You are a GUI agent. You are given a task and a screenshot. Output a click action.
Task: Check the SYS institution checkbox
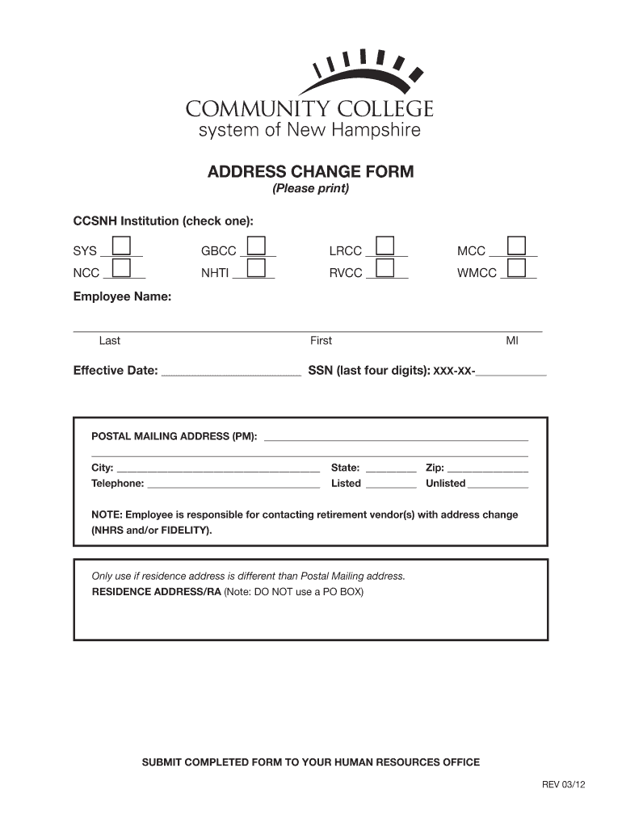(122, 246)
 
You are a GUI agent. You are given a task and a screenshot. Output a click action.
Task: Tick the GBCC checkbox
(257, 246)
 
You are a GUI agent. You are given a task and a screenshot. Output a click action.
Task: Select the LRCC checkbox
(385, 246)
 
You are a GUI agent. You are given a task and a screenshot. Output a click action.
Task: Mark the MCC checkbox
(515, 246)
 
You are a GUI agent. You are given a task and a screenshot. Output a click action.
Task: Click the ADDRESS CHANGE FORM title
(311, 172)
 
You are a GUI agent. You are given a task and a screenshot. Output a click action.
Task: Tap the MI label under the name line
(512, 341)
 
